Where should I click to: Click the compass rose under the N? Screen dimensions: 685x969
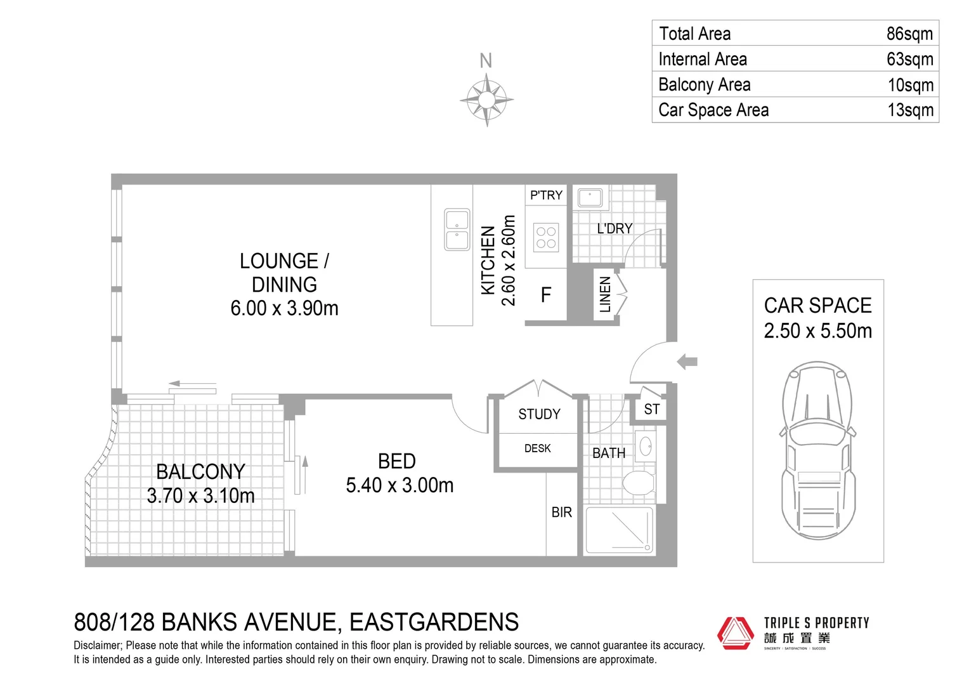486,100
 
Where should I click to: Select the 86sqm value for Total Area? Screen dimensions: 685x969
909,34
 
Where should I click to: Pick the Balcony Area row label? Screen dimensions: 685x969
704,84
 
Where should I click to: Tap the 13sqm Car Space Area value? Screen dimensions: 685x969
910,110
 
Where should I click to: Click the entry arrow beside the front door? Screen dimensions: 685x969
687,362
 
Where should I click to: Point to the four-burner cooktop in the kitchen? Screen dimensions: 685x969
545,238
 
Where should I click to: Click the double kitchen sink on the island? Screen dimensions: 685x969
457,229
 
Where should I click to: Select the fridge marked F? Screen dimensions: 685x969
545,295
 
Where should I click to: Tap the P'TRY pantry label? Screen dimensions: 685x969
546,195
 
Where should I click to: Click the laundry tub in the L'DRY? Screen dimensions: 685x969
590,197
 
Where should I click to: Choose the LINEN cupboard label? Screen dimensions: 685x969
605,294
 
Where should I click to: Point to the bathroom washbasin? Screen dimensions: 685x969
646,446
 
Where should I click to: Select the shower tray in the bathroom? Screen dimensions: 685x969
618,530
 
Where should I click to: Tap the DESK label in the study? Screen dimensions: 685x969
537,448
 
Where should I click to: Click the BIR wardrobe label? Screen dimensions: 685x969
561,512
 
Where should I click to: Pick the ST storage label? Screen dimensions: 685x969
651,410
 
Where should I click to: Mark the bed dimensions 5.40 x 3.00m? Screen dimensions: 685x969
400,485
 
